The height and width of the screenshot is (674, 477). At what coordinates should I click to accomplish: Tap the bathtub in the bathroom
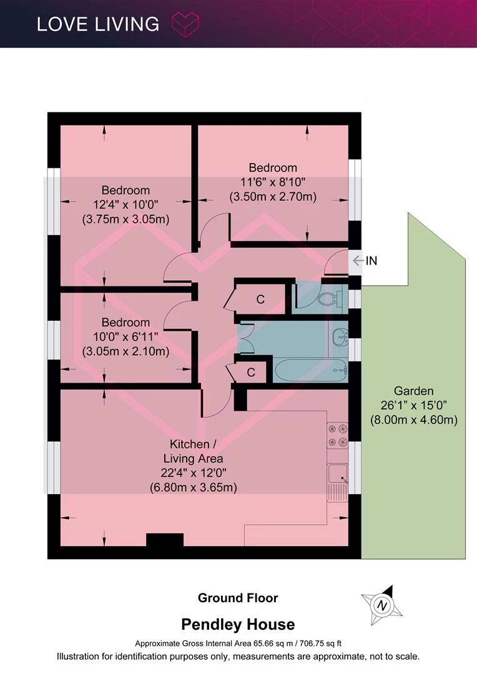pyautogui.click(x=310, y=369)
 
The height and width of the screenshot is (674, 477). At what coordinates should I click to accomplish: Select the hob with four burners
pyautogui.click(x=337, y=436)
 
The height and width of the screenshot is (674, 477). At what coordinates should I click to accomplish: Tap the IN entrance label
pyautogui.click(x=371, y=260)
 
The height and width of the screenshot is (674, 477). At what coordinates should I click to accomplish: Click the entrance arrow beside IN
pyautogui.click(x=358, y=260)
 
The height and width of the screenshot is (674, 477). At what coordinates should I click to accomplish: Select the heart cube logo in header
pyautogui.click(x=185, y=24)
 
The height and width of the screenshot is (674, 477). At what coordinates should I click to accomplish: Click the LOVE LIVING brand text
pyautogui.click(x=98, y=24)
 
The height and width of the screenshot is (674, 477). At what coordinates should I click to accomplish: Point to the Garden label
pyautogui.click(x=414, y=391)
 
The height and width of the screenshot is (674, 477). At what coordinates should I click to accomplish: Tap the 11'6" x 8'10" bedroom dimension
pyautogui.click(x=273, y=182)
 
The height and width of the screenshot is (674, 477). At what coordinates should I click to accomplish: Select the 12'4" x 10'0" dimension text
pyautogui.click(x=125, y=205)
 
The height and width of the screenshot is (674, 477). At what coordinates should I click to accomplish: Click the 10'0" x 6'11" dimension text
pyautogui.click(x=125, y=336)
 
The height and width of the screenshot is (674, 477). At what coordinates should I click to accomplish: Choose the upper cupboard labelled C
pyautogui.click(x=260, y=299)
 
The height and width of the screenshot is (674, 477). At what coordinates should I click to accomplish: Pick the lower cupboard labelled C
pyautogui.click(x=251, y=372)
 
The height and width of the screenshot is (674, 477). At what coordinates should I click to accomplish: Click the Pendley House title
pyautogui.click(x=238, y=624)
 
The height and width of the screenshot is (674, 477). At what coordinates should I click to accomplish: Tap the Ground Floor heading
pyautogui.click(x=238, y=598)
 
